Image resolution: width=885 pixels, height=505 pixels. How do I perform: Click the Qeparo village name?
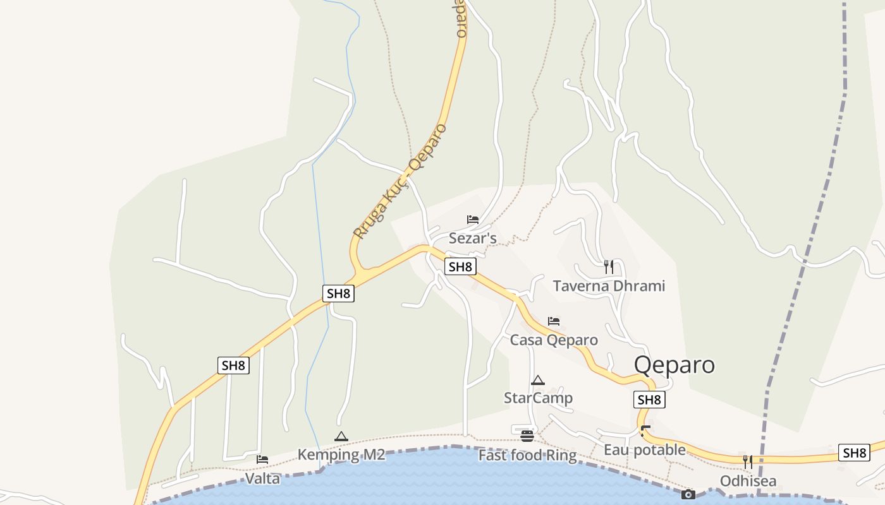click(x=674, y=365)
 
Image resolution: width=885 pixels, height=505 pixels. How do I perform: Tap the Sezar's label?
click(x=472, y=238)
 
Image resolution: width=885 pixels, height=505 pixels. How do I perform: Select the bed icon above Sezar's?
click(x=473, y=220)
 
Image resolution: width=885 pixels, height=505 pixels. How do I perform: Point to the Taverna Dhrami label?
click(x=609, y=286)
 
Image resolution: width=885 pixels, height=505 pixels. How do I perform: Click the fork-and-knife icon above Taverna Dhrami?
click(x=608, y=266)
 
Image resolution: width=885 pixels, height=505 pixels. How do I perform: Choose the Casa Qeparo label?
click(x=554, y=340)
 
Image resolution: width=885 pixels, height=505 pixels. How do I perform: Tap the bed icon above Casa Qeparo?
click(x=554, y=321)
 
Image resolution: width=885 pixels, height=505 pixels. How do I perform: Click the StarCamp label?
click(x=538, y=398)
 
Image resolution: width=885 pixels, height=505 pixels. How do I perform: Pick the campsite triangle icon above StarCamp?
click(x=538, y=380)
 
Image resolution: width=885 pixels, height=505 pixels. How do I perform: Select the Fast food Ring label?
click(x=527, y=455)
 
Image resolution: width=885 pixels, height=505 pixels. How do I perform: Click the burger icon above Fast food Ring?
click(x=527, y=436)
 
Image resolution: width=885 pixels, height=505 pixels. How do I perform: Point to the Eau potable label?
click(x=644, y=449)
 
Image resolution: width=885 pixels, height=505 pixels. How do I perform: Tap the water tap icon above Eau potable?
click(x=645, y=431)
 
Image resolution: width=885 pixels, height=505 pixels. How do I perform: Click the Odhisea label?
click(x=748, y=481)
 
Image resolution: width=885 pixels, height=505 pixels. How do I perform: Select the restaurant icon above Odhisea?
click(x=748, y=461)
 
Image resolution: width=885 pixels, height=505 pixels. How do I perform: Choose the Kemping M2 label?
click(x=341, y=454)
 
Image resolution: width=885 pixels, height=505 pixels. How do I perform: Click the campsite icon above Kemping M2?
click(x=341, y=436)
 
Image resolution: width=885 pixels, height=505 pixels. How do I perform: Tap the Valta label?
click(x=262, y=478)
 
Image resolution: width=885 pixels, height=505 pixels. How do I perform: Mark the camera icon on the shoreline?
click(x=688, y=494)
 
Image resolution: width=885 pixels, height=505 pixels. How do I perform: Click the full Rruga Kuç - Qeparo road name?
click(x=400, y=181)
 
